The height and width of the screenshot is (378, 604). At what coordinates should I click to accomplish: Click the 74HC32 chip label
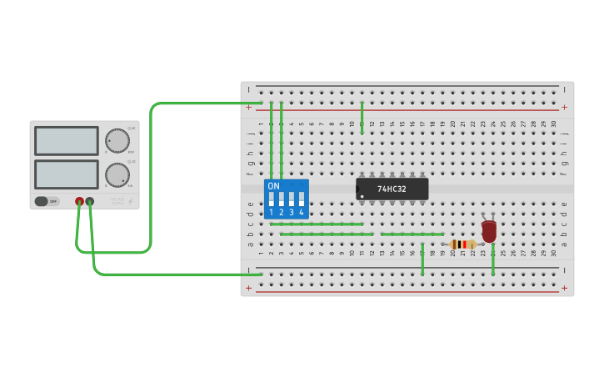[x=392, y=189]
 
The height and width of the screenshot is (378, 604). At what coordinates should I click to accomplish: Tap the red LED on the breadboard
[x=489, y=230]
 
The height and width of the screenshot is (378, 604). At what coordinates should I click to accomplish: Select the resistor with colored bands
[x=462, y=244]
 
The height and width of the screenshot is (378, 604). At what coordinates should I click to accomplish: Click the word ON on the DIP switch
[x=274, y=185]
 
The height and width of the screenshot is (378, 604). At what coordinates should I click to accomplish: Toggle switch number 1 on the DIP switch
[x=272, y=200]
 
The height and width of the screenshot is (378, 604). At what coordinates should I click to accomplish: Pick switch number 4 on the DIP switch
[x=302, y=200]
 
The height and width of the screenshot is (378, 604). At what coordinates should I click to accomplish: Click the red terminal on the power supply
[x=80, y=201]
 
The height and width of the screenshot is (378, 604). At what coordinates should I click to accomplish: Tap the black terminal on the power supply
[x=90, y=201]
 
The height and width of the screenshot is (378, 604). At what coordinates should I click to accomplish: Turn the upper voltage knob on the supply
[x=117, y=140]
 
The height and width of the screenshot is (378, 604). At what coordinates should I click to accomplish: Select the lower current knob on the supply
[x=117, y=174]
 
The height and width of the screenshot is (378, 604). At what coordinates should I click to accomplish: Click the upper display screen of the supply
[x=67, y=140]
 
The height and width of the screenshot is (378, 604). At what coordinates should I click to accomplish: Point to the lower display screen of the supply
[x=67, y=174]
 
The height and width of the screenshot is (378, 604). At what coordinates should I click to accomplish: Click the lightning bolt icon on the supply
[x=131, y=201]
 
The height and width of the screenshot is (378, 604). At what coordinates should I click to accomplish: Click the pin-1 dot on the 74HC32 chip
[x=362, y=196]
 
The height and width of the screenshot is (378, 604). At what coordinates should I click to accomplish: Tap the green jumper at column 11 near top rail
[x=362, y=118]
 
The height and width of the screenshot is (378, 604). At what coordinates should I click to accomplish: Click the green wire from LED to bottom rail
[x=493, y=260]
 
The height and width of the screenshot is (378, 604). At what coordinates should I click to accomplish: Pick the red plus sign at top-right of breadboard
[x=564, y=107]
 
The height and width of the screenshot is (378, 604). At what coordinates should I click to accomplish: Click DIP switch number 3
[x=292, y=200]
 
